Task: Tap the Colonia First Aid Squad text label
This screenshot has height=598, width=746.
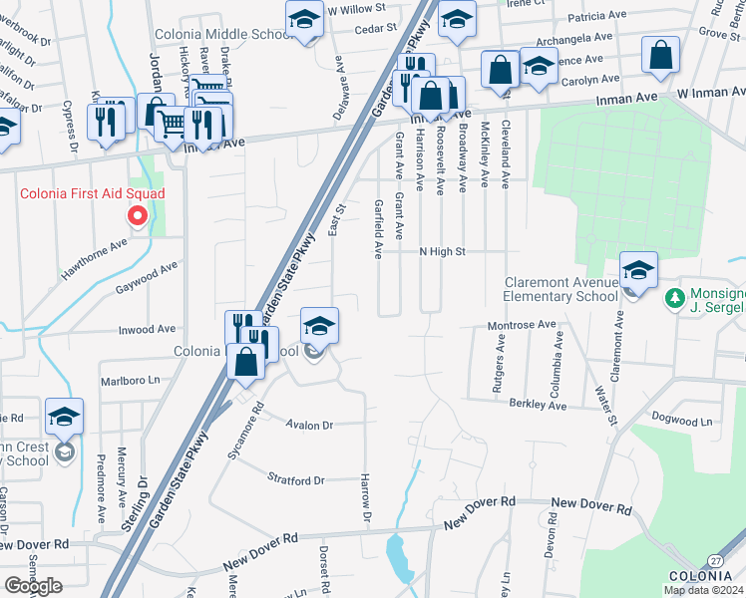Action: (x=92, y=193)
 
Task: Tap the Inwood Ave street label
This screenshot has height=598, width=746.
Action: (x=146, y=329)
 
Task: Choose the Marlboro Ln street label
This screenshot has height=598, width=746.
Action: (x=130, y=381)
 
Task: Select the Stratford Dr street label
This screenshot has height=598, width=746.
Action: (x=296, y=480)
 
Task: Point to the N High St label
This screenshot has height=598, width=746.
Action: (x=442, y=252)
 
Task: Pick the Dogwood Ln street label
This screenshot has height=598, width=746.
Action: (x=682, y=421)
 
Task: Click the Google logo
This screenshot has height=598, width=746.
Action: (x=33, y=586)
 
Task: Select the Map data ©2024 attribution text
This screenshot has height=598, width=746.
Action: (x=703, y=590)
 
